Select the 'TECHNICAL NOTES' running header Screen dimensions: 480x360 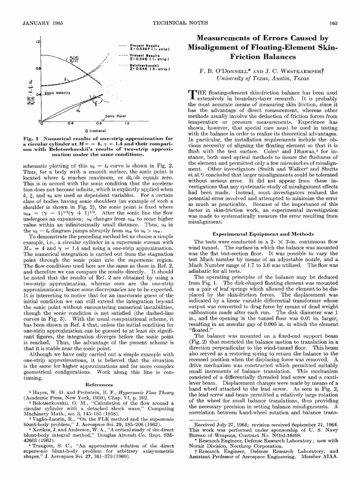click(x=180, y=23)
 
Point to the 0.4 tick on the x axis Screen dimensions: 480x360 click(x=70, y=123)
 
